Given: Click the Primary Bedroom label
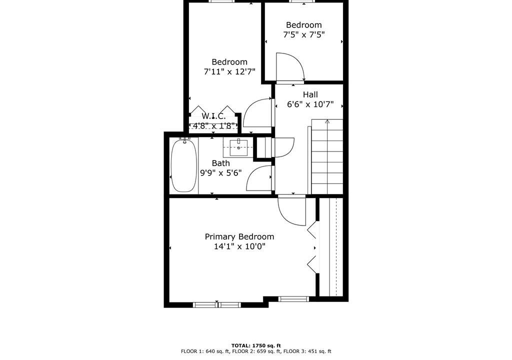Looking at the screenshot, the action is point(239,237).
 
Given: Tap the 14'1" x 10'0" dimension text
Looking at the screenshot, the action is point(239,246).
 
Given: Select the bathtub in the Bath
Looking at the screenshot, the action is point(184,165).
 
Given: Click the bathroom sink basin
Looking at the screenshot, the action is point(238,147).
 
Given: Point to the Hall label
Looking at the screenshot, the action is point(310,94).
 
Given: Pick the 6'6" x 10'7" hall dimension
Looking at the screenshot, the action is point(310,104).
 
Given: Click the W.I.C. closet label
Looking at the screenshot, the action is point(213,116).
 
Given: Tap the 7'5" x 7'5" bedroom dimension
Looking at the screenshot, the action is point(303,34).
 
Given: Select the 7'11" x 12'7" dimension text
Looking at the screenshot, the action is point(229,71).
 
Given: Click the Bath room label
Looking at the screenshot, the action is point(220,163).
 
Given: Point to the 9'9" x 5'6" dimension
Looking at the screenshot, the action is point(220,173).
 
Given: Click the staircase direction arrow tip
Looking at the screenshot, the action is point(327,120).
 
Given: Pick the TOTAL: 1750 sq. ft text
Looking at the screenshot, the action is point(256,345).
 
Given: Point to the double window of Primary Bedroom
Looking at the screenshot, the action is point(217,305).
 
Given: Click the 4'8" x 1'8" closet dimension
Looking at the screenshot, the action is point(214,126).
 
